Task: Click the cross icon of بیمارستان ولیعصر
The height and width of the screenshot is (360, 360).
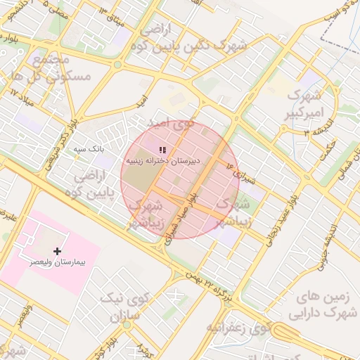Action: [x=57, y=250]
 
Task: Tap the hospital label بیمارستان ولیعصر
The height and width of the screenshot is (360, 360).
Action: [x=57, y=262]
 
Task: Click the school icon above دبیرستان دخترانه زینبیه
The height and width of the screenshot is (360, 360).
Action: [x=162, y=150]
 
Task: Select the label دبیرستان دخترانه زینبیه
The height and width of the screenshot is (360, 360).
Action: [x=162, y=160]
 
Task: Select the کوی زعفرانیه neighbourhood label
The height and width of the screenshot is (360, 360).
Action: [x=238, y=328]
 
